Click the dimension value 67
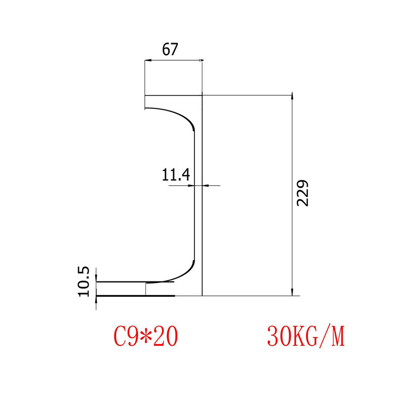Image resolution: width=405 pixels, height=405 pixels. pos(170,50)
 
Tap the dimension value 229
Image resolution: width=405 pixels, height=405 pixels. pos(302,193)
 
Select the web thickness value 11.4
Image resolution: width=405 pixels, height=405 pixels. pos(176,175)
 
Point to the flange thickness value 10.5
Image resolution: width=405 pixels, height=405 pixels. pos(84,281)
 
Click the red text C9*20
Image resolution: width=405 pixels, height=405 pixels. pos(145,336)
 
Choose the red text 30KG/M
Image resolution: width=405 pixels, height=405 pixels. pos(305,336)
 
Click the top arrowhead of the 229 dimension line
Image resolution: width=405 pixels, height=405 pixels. pos(292,97)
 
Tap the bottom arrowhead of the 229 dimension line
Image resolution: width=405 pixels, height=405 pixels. pos(292,292)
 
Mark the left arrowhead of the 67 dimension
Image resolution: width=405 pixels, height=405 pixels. pos(147,61)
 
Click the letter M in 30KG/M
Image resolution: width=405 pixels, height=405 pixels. pos(337,336)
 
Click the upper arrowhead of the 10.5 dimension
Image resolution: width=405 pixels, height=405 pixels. pos(96,278)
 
